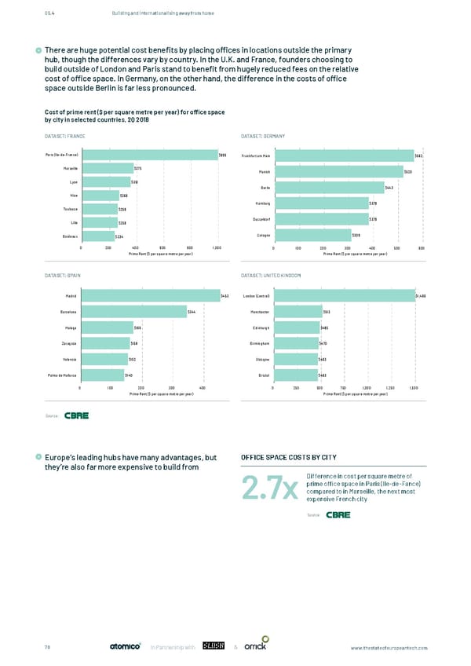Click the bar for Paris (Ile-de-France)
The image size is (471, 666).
149,155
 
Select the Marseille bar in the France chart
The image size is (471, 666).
107,168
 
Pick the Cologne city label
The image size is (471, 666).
261,235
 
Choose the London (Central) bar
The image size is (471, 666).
343,296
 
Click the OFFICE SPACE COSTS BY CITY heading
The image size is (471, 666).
280,458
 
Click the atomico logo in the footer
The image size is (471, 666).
124,646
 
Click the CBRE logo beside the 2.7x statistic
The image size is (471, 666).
338,514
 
